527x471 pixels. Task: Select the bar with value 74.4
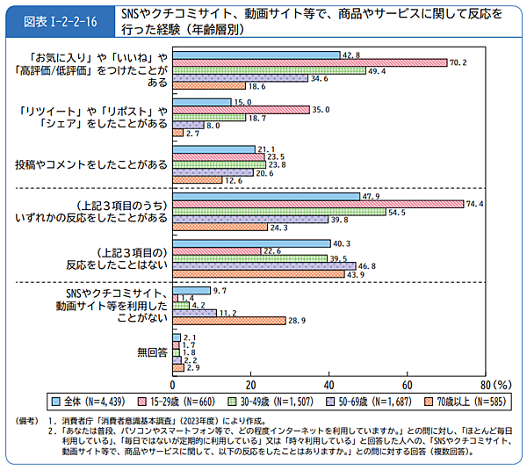318,204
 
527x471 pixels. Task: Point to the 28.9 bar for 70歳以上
229,321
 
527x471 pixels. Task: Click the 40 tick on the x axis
329,385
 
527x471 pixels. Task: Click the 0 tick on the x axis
173,385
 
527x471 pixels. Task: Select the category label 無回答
152,353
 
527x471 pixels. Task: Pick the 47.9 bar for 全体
266,196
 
